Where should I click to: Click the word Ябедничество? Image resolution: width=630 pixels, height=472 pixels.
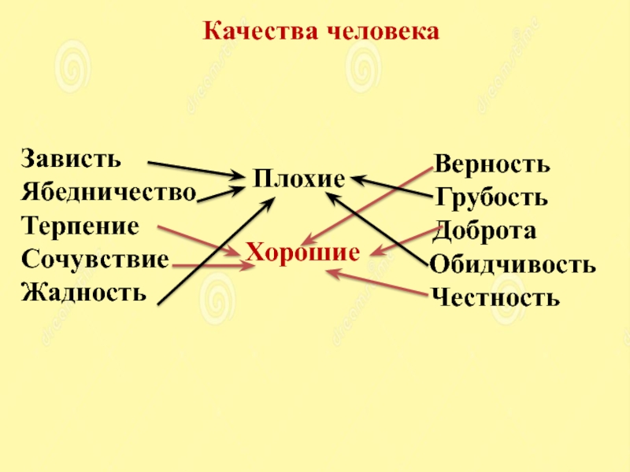(109, 192)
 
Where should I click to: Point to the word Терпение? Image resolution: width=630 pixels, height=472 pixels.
(80, 226)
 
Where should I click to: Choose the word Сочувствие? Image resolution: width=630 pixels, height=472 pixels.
(95, 259)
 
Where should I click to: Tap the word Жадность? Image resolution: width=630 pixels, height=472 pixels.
(84, 293)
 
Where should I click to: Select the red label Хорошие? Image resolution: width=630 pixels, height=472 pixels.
(302, 253)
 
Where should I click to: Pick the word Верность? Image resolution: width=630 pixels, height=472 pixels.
(492, 164)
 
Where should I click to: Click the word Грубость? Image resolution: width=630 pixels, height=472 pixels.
(491, 197)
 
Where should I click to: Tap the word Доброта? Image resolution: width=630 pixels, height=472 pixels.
(485, 231)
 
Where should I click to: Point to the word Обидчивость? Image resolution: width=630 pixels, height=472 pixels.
(513, 264)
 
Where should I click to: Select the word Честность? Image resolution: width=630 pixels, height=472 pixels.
(495, 298)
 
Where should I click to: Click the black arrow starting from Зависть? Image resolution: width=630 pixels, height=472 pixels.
(197, 169)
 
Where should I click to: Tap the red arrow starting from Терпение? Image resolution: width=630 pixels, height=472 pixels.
(197, 240)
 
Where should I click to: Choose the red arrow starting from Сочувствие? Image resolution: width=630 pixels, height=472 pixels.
(213, 267)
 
